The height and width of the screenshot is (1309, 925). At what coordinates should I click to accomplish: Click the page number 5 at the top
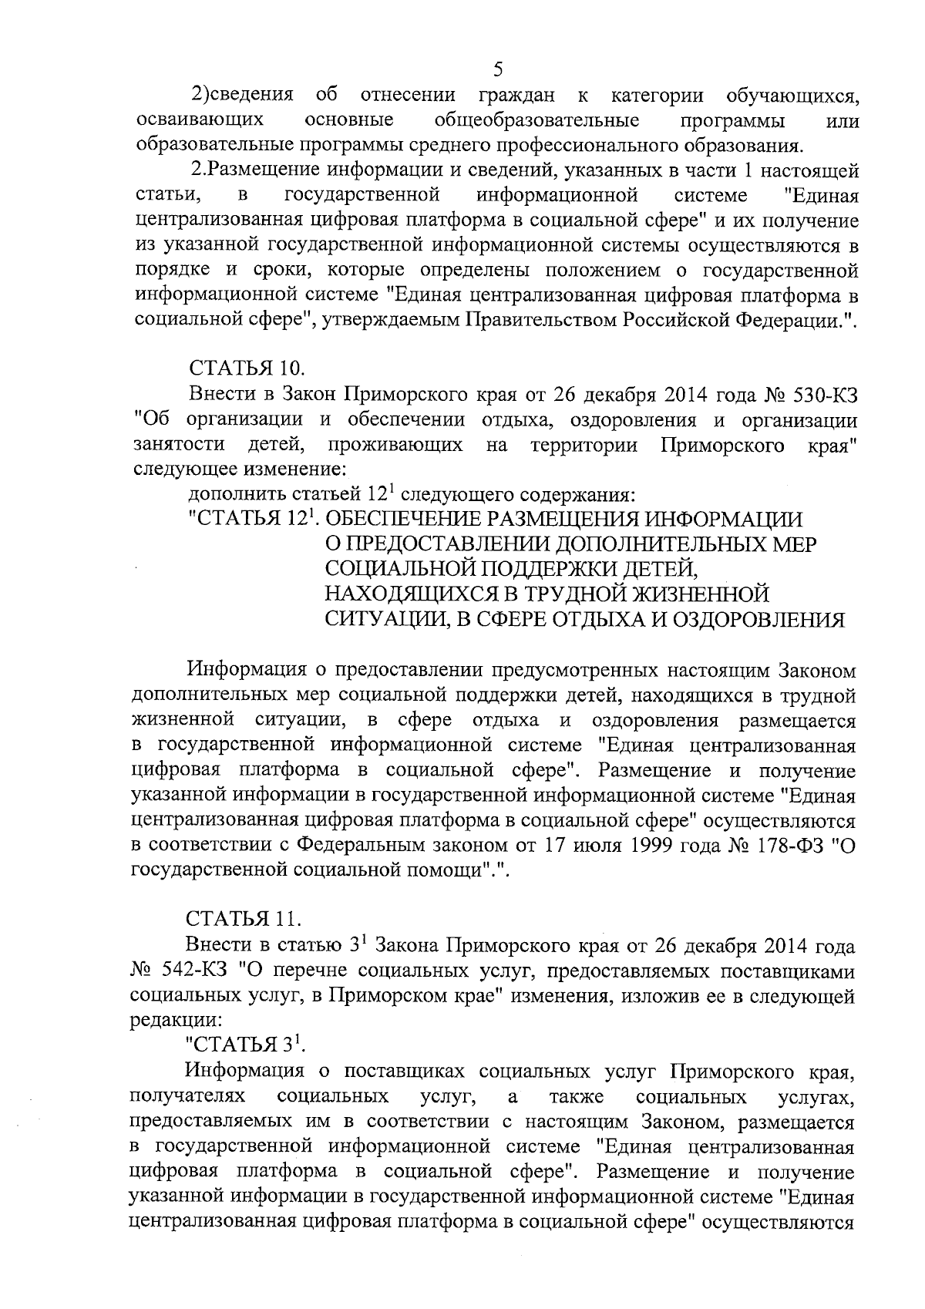[x=497, y=70]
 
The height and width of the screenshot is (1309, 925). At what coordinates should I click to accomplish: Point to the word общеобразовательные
[x=536, y=120]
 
